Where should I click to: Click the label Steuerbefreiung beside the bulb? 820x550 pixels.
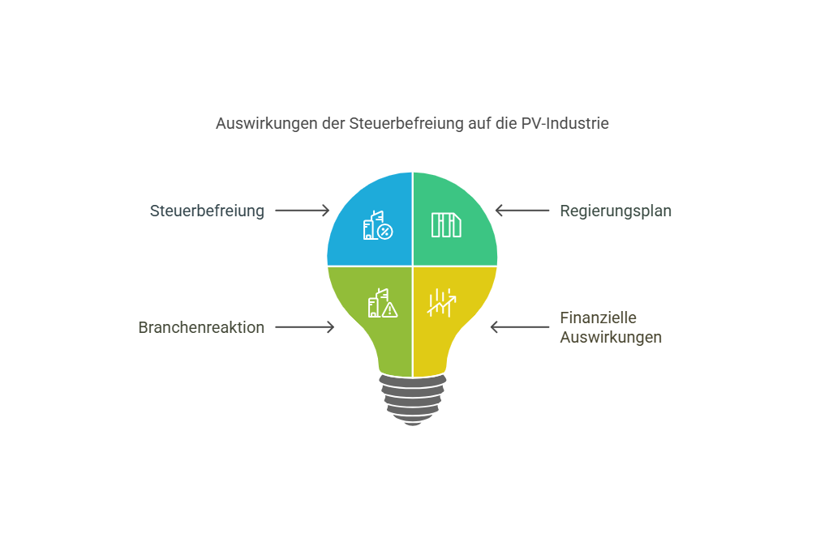(x=207, y=211)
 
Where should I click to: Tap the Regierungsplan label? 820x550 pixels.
(x=616, y=211)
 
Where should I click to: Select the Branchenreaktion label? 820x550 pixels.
(x=201, y=327)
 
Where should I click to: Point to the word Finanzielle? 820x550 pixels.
(x=599, y=318)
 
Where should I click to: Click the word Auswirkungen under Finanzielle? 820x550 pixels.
(x=611, y=338)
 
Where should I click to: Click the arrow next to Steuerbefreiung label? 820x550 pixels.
(x=303, y=211)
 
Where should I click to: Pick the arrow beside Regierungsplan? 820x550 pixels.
(x=522, y=211)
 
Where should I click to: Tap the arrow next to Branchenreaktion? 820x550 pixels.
(x=304, y=327)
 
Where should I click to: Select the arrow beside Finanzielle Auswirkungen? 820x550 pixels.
(x=520, y=327)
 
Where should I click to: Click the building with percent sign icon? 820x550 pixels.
(x=378, y=226)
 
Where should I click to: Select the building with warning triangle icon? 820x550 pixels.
(x=382, y=303)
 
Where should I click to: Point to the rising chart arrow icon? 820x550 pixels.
(x=442, y=303)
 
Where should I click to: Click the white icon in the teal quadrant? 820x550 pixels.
(x=446, y=225)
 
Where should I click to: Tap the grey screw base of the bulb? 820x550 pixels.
(x=413, y=399)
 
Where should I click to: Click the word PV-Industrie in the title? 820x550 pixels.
(x=565, y=124)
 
